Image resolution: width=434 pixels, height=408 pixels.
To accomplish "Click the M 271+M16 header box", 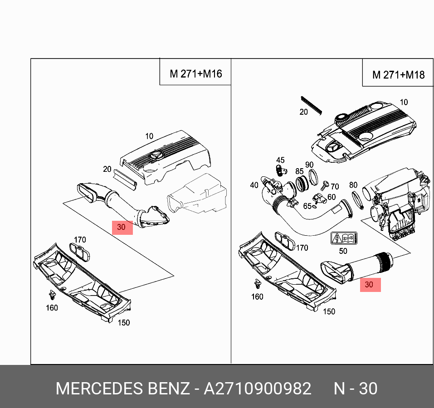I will coord(195,73).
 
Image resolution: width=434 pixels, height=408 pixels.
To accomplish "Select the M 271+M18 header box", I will coord(398,75).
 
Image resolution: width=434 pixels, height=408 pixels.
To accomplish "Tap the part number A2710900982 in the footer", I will coord(257,389).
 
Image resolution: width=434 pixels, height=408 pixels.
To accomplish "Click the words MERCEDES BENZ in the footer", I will coord(122,389).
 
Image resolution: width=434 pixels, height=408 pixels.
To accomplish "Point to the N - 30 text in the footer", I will coord(356,389).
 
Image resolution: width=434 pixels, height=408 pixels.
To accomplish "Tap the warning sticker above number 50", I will coord(343,239).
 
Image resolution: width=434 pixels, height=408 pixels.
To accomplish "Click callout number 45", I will coord(280,160).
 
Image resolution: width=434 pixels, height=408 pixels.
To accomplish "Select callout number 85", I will coord(299,171).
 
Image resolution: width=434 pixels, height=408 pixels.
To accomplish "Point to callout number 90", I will coord(309,165).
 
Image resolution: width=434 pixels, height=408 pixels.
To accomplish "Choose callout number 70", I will coord(335,186).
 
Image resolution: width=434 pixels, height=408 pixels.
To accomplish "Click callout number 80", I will coord(353,185).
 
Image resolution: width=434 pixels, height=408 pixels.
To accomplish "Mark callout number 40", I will coord(254,185).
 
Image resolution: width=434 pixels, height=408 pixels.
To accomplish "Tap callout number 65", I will coord(307,206).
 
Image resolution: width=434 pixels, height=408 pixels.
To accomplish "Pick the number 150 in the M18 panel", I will coord(329,311).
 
